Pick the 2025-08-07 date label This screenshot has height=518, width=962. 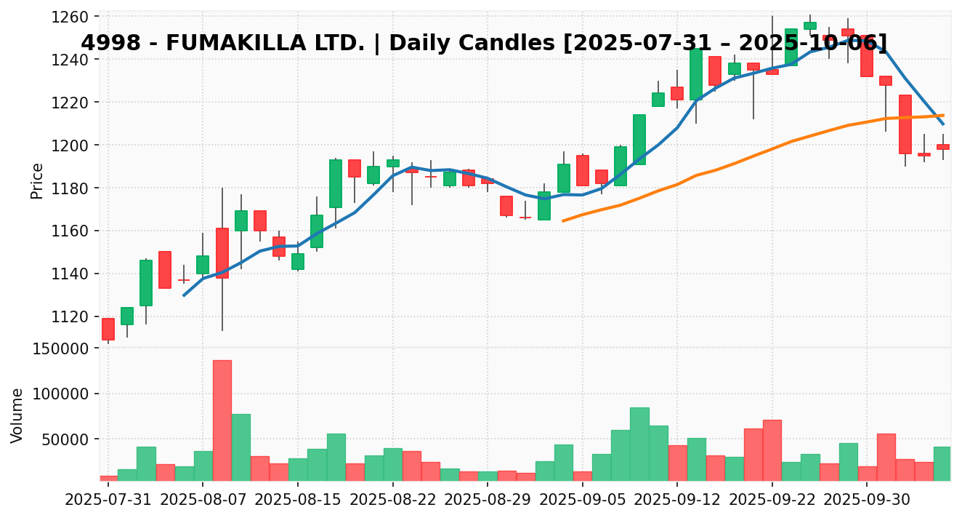tap(203, 501)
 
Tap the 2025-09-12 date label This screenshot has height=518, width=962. tap(677, 501)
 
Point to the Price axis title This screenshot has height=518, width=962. tap(37, 180)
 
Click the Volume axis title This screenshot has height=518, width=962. tap(17, 415)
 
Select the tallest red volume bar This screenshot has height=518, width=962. tap(222, 420)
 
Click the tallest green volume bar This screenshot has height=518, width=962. tap(639, 444)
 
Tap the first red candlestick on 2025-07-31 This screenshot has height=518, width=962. tap(108, 329)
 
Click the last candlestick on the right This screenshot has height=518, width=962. tap(942, 147)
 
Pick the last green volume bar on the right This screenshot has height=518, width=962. tap(942, 463)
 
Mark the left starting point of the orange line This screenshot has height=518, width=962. tap(563, 220)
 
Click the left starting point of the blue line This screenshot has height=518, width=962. tap(184, 295)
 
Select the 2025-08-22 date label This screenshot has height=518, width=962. tap(393, 501)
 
